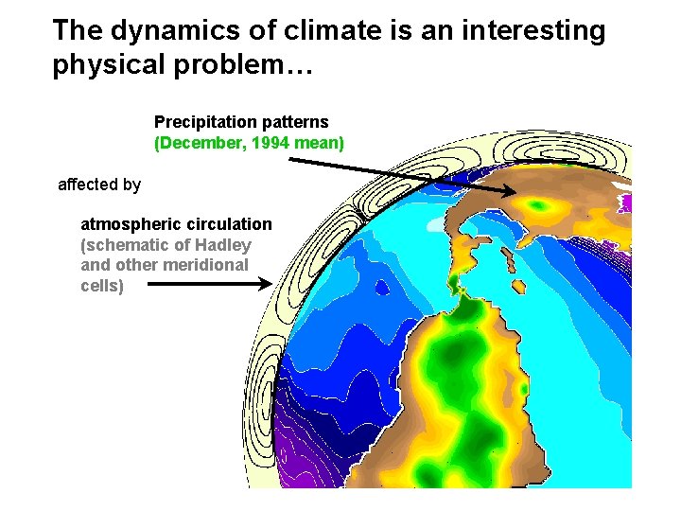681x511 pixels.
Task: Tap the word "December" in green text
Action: [201, 143]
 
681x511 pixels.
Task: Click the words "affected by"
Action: [99, 185]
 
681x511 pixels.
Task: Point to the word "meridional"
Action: [205, 265]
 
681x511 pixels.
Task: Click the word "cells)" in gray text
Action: [102, 285]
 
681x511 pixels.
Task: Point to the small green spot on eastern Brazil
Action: [523, 389]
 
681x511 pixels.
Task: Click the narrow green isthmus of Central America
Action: [457, 281]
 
